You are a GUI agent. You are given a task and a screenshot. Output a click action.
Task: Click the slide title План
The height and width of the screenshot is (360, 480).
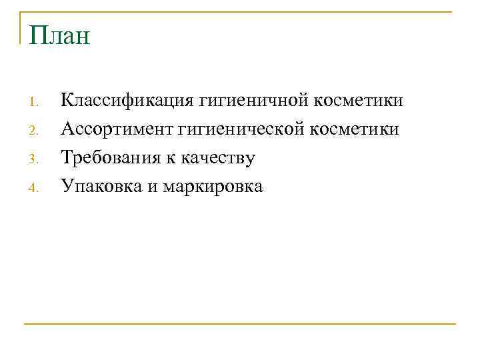59,35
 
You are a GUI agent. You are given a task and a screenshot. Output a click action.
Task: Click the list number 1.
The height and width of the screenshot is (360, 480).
35,102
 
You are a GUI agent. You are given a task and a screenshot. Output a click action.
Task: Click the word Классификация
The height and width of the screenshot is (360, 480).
126,101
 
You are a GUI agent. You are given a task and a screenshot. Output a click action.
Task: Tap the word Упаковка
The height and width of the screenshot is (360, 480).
100,187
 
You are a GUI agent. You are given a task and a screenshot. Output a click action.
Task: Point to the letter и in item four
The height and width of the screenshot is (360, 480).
152,187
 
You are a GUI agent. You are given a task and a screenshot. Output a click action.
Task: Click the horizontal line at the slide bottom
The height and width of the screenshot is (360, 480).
240,325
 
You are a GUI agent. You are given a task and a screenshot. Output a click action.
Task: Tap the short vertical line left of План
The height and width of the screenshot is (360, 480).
20,27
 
